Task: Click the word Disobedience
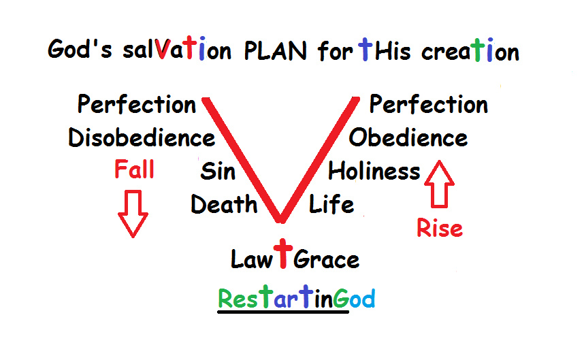(x=142, y=137)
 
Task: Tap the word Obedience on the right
(x=408, y=137)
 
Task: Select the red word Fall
(x=134, y=169)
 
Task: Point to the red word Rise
(x=440, y=228)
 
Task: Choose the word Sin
(x=218, y=171)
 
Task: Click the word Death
(x=224, y=204)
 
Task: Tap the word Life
(x=331, y=204)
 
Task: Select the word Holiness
(x=374, y=171)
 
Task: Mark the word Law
(x=252, y=259)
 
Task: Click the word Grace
(x=326, y=259)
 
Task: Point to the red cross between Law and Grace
(x=283, y=254)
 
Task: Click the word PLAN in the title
(x=276, y=50)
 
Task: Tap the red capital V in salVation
(x=163, y=48)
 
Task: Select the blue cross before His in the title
(x=366, y=49)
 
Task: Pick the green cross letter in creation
(x=478, y=49)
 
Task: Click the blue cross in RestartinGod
(x=306, y=296)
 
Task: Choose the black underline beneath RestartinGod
(x=283, y=312)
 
